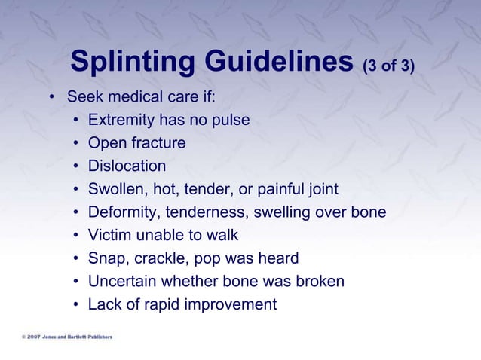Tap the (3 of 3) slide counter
pyautogui.click(x=388, y=67)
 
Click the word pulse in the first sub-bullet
pyautogui.click(x=230, y=120)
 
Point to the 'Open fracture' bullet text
pyautogui.click(x=136, y=143)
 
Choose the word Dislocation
pyautogui.click(x=127, y=166)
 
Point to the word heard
pyautogui.click(x=277, y=258)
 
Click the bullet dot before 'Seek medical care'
pyautogui.click(x=51, y=98)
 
